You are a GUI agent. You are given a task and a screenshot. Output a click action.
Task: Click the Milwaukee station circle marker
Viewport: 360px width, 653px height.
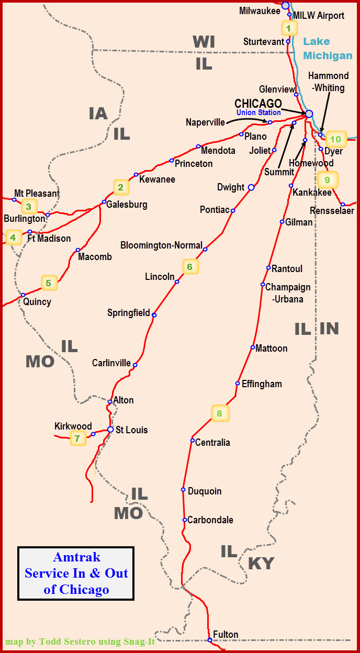(285, 6)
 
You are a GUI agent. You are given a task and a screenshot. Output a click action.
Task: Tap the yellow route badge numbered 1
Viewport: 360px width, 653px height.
(288, 27)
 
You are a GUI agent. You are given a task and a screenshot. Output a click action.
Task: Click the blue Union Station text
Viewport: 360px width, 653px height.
(258, 112)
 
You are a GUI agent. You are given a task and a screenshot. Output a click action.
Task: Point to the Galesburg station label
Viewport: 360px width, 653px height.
(127, 204)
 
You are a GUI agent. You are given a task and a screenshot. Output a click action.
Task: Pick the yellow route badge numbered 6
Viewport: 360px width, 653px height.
(190, 267)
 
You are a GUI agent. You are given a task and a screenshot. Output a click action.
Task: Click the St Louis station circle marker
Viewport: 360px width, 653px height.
(110, 430)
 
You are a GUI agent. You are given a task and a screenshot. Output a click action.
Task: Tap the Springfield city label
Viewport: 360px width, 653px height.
(129, 313)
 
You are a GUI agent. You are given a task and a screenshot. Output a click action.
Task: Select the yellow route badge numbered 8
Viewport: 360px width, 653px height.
(219, 413)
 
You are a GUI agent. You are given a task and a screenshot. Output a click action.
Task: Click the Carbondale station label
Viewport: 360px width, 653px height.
(210, 520)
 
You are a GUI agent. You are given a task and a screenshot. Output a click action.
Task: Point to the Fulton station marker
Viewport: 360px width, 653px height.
(209, 640)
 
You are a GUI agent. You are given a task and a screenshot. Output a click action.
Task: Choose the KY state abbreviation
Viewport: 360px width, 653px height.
(261, 564)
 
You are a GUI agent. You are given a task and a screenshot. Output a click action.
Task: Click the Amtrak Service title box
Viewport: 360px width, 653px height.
(76, 573)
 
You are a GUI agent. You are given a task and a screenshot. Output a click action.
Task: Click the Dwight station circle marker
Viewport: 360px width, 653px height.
(251, 187)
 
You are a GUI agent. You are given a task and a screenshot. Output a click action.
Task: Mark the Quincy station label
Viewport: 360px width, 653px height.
(37, 302)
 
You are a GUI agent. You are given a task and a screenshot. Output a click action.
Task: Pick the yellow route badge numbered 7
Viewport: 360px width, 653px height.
(77, 438)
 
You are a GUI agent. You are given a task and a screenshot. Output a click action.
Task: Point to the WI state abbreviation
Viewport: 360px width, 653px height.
(204, 42)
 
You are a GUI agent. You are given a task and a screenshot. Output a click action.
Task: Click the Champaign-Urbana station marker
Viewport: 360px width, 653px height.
(263, 285)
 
